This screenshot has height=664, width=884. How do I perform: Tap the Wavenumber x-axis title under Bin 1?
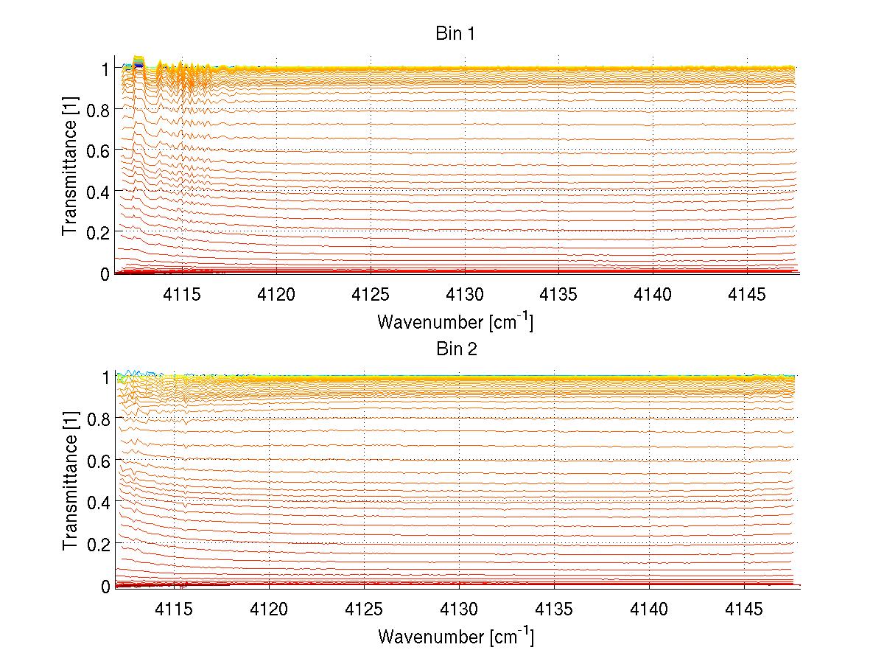click(455, 321)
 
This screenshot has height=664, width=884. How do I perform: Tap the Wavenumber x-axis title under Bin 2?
click(455, 636)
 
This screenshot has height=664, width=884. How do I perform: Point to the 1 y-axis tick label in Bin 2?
click(105, 377)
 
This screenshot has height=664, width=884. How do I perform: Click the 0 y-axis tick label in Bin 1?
click(105, 274)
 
